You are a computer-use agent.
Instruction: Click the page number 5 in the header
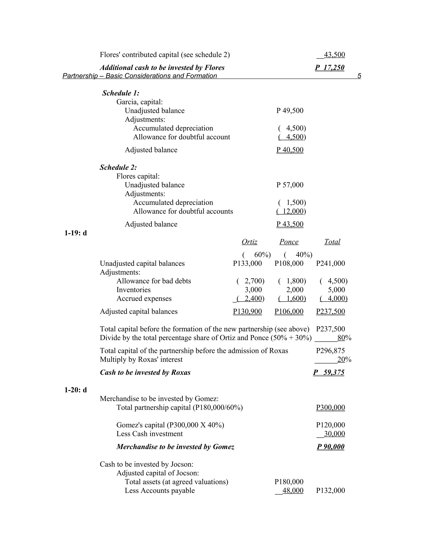coord(359,76)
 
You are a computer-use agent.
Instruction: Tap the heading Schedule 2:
coord(118,167)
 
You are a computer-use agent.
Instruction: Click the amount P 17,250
coord(330,67)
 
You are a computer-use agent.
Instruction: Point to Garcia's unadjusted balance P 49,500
coord(290,111)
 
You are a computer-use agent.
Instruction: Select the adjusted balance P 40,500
coord(290,150)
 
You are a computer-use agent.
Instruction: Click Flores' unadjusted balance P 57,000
coord(290,185)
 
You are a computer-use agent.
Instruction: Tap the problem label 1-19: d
coord(76,233)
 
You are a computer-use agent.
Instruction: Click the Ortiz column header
coord(249,242)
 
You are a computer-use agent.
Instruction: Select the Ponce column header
coord(289,242)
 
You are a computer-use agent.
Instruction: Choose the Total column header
coord(332,242)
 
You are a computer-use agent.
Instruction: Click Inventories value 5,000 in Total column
coord(336,290)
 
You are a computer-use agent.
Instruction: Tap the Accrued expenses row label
coord(144,298)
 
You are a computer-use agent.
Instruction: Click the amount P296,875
coord(330,351)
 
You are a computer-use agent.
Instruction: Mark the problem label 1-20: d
coord(76,390)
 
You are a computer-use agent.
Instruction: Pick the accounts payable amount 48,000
coord(293,490)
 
